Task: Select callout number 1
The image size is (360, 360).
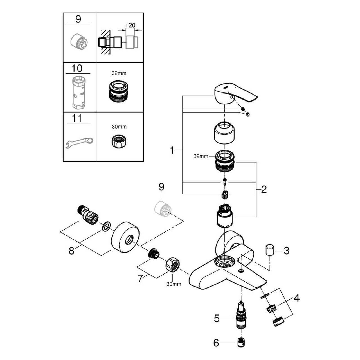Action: pyautogui.click(x=172, y=150)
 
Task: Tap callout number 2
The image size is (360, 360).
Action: pyautogui.click(x=264, y=190)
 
